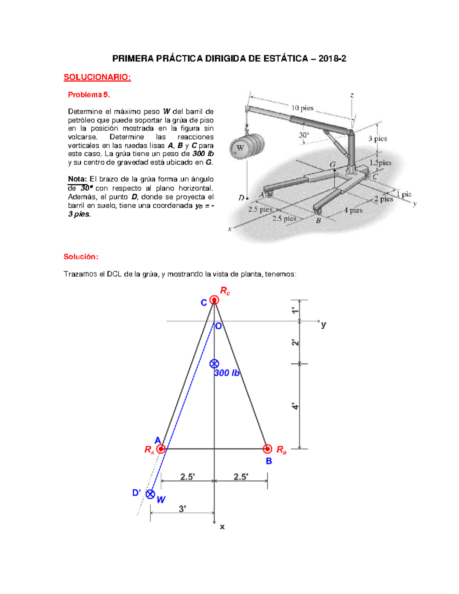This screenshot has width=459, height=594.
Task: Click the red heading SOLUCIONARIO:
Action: click(97, 77)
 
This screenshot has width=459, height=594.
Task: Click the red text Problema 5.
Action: click(89, 94)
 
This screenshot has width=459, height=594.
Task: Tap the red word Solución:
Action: click(81, 257)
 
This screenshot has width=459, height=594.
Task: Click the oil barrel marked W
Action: click(247, 147)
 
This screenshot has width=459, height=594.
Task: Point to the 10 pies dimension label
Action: click(302, 108)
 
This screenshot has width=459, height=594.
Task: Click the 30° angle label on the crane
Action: click(304, 135)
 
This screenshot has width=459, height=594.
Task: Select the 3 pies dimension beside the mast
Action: click(378, 138)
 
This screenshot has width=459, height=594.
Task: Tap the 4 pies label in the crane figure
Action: click(353, 210)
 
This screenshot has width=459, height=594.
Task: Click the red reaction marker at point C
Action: click(214, 300)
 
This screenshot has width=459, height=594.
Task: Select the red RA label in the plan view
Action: click(149, 450)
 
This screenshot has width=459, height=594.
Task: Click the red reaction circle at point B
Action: click(267, 449)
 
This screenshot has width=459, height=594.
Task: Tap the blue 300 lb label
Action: click(226, 373)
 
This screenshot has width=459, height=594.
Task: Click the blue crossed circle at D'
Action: click(151, 494)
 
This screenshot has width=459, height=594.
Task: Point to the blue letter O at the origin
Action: click(218, 326)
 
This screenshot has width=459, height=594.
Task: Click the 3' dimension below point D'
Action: click(182, 508)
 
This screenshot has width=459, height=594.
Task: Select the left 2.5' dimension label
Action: click(187, 477)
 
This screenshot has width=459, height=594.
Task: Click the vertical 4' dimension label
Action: click(295, 406)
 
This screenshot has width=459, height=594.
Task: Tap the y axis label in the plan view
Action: click(324, 325)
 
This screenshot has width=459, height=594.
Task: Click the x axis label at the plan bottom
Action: click(222, 527)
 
